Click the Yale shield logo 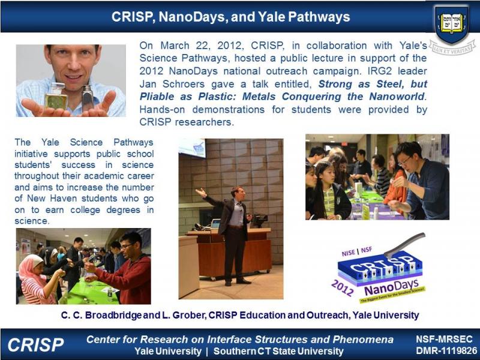(x=452, y=25)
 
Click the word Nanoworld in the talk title (x=397, y=97)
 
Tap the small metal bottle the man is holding (x=88, y=98)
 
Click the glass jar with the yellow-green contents (x=56, y=96)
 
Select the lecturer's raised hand (x=201, y=193)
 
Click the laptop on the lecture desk (x=215, y=224)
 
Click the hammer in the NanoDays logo (x=404, y=244)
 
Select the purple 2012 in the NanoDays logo (x=343, y=288)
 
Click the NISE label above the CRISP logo (x=349, y=253)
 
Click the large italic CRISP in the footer (x=36, y=344)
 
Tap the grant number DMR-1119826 (x=446, y=351)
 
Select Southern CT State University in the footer (x=278, y=351)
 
